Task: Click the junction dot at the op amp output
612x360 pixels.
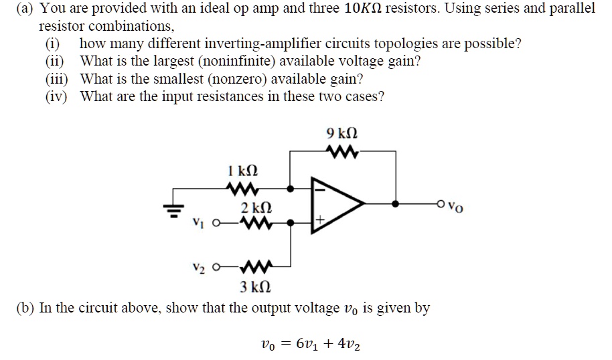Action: (396, 203)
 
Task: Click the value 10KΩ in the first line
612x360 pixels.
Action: (367, 9)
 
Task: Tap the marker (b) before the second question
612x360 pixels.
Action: (25, 308)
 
